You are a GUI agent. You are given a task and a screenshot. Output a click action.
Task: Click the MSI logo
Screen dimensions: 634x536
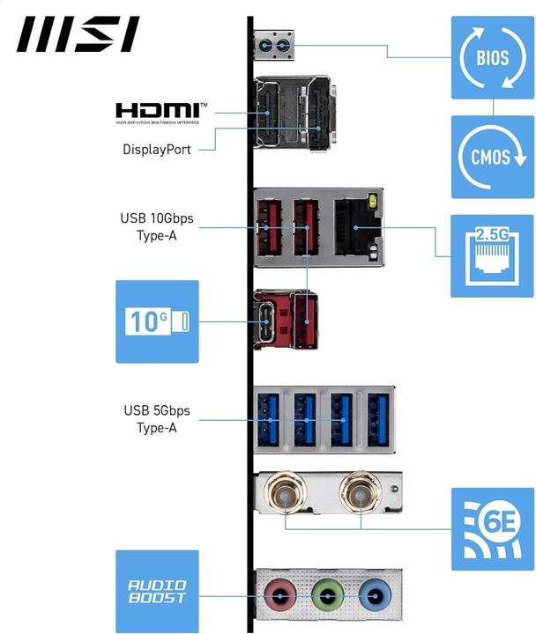pyautogui.click(x=78, y=34)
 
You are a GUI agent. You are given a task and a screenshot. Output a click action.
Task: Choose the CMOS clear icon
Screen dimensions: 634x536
pyautogui.click(x=493, y=157)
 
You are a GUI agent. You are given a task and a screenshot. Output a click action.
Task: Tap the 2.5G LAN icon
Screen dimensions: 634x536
pyautogui.click(x=493, y=255)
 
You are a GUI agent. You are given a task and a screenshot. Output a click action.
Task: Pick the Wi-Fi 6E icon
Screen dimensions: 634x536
pyautogui.click(x=493, y=529)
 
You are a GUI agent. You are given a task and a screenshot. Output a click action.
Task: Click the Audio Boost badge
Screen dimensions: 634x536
pyautogui.click(x=157, y=592)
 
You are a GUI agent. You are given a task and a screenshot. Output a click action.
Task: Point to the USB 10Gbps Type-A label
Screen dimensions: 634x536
pyautogui.click(x=156, y=226)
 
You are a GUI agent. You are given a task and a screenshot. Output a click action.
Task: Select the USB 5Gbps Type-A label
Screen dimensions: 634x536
pyautogui.click(x=156, y=419)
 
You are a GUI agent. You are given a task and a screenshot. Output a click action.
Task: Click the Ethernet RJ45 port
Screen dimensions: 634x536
pyautogui.click(x=355, y=228)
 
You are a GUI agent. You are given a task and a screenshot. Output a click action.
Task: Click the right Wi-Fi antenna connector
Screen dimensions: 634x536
pyautogui.click(x=362, y=496)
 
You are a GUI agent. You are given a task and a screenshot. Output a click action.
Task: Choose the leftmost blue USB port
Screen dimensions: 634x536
pyautogui.click(x=267, y=418)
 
